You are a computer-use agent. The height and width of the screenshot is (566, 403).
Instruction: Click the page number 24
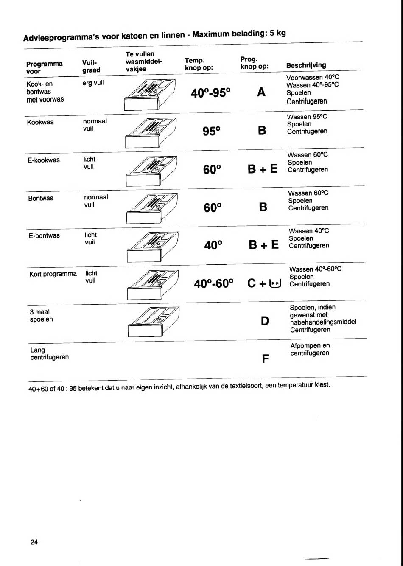pyautogui.click(x=34, y=542)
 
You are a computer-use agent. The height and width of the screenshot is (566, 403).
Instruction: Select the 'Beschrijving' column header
pyautogui.click(x=306, y=65)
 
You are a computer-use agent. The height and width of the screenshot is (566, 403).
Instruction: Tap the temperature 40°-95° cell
pyautogui.click(x=210, y=92)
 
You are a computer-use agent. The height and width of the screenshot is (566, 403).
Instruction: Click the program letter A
pyautogui.click(x=261, y=92)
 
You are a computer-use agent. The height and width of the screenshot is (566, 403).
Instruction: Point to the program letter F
pyautogui.click(x=266, y=359)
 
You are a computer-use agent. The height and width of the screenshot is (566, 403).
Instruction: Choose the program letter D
pyautogui.click(x=265, y=321)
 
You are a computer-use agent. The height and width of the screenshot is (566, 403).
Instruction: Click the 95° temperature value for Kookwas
pyautogui.click(x=212, y=131)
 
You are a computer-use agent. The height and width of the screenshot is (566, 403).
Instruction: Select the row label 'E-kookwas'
pyautogui.click(x=44, y=160)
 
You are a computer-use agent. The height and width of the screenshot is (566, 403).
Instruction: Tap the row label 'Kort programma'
pyautogui.click(x=53, y=274)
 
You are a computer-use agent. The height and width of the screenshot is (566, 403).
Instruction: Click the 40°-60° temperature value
pyautogui.click(x=214, y=283)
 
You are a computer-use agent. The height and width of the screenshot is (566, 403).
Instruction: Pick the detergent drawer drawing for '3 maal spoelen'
pyautogui.click(x=151, y=322)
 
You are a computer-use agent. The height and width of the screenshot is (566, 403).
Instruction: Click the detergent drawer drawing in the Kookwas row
pyautogui.click(x=151, y=132)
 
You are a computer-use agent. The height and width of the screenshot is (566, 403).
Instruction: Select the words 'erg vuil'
pyautogui.click(x=93, y=83)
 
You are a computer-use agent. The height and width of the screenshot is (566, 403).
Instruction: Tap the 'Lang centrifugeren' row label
pyautogui.click(x=49, y=354)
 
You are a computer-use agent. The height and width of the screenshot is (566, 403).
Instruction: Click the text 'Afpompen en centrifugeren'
pyautogui.click(x=310, y=350)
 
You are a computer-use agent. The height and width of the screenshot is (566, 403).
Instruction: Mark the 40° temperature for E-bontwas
pyautogui.click(x=213, y=245)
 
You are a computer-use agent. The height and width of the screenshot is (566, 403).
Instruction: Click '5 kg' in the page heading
pyautogui.click(x=277, y=33)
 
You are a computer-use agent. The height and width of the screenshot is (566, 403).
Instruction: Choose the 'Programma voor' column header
pyautogui.click(x=44, y=67)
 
